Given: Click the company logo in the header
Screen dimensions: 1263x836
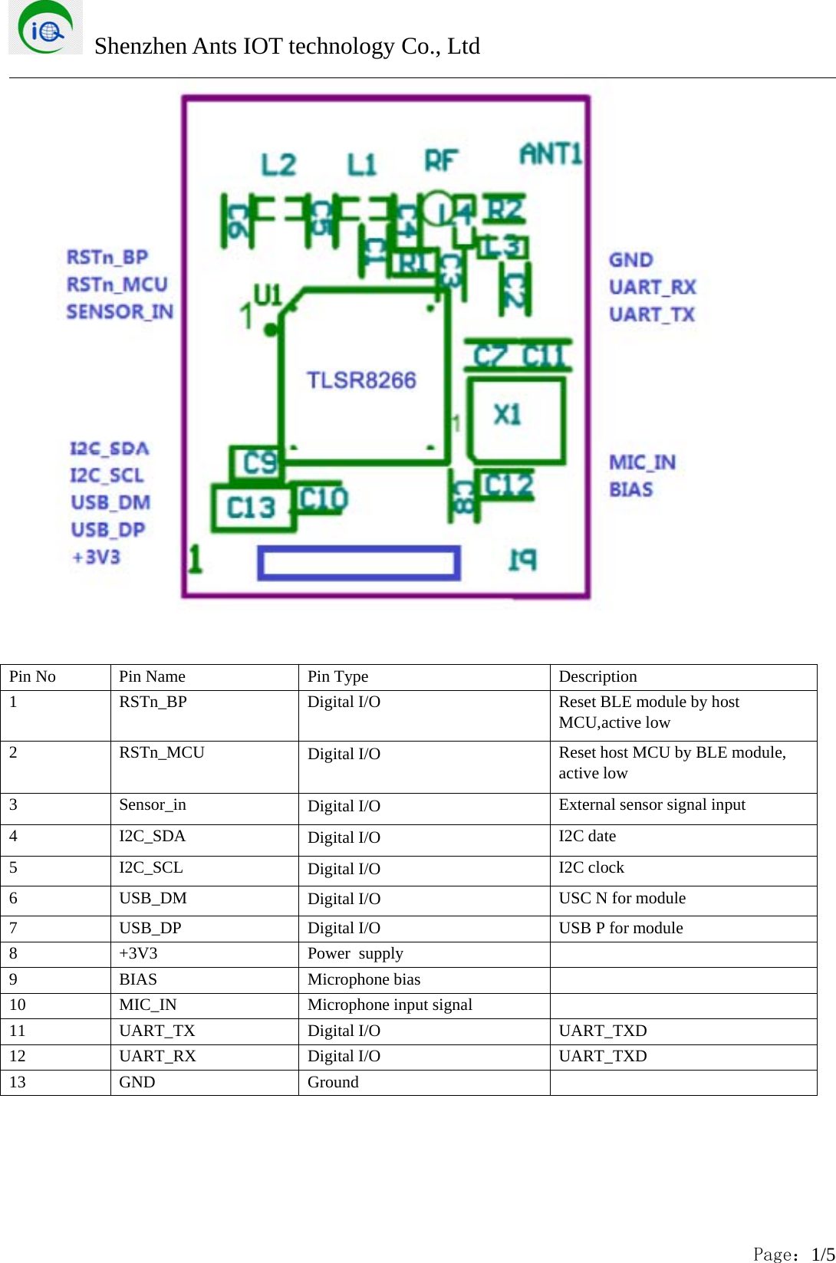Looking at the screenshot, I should (x=45, y=28).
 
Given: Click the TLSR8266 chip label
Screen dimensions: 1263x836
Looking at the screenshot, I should (x=361, y=380).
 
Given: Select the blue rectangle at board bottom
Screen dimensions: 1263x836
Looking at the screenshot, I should (x=359, y=563).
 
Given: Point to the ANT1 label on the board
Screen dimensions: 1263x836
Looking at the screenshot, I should (x=551, y=154).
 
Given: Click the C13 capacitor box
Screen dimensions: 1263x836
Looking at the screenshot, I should (x=252, y=508).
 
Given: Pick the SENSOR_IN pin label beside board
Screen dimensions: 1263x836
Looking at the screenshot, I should (x=120, y=312).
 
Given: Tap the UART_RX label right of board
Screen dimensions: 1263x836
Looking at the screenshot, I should (x=653, y=288).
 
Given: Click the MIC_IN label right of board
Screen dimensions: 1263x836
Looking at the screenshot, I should (x=642, y=462).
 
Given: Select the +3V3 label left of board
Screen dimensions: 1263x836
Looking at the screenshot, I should (x=97, y=557).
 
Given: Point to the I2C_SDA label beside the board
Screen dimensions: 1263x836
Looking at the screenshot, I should (x=110, y=449).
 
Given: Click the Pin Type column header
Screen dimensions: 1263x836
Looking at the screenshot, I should (x=337, y=676).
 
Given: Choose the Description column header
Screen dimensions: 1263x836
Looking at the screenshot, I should (x=597, y=676).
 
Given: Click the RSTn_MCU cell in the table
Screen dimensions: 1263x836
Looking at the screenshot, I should (x=162, y=752).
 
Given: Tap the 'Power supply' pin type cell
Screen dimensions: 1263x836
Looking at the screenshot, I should (x=355, y=953).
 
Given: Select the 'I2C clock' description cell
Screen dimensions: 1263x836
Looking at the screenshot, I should (x=591, y=867).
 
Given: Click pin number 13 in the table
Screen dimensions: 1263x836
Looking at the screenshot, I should (x=18, y=1082).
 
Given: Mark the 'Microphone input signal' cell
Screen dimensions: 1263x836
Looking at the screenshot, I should (x=390, y=1005).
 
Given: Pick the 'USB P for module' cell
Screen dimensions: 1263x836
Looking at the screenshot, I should (x=620, y=928).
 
